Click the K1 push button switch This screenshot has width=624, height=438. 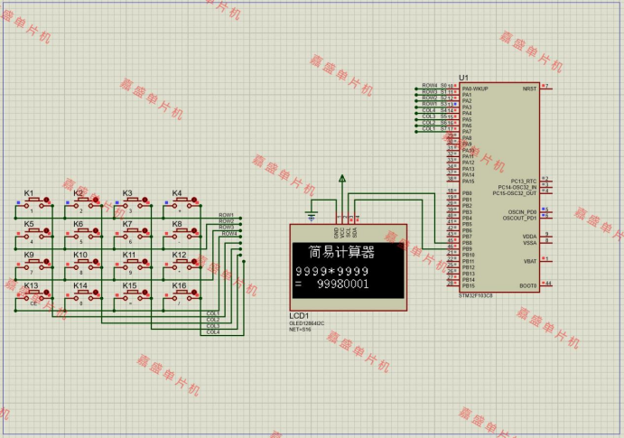click(x=33, y=203)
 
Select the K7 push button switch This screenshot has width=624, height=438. click(x=131, y=234)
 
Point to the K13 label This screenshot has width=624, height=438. click(x=30, y=285)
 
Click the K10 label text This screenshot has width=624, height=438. click(x=79, y=255)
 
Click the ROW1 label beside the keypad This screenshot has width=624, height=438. click(x=227, y=215)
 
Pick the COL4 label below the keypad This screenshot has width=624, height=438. click(x=212, y=332)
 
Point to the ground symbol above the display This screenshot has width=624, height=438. click(x=312, y=214)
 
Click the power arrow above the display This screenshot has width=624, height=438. click(x=342, y=180)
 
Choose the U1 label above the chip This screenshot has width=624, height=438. click(x=464, y=78)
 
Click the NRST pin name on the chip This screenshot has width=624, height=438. click(x=529, y=89)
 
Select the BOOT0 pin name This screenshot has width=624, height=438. click(x=527, y=285)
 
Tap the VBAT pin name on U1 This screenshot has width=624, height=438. click(x=530, y=261)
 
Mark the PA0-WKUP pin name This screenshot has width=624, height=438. click(x=475, y=89)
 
